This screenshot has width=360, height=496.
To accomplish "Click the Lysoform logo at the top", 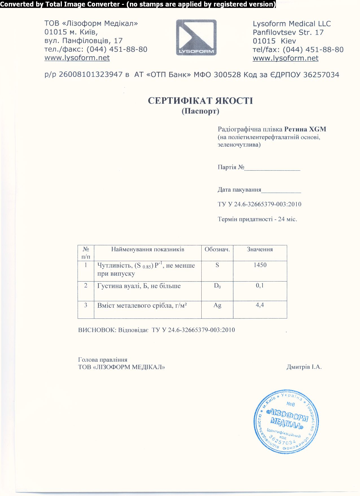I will pyautogui.click(x=196, y=37).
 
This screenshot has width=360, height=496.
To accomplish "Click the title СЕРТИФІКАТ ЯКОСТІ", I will pyautogui.click(x=200, y=101).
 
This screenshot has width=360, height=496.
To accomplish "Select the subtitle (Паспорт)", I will pyautogui.click(x=200, y=111).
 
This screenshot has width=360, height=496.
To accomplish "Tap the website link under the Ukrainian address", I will pyautogui.click(x=77, y=58).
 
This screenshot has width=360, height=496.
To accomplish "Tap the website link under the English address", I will pyautogui.click(x=285, y=58).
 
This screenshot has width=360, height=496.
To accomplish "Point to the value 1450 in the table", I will pyautogui.click(x=260, y=265).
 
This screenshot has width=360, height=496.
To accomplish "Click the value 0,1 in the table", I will pyautogui.click(x=260, y=285).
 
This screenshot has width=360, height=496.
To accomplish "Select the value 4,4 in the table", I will pyautogui.click(x=260, y=305).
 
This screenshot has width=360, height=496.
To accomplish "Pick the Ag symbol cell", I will pyautogui.click(x=217, y=305).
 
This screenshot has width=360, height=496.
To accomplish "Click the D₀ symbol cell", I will pyautogui.click(x=217, y=286).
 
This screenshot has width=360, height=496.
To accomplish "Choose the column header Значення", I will pyautogui.click(x=260, y=249).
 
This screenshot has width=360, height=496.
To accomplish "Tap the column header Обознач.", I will pyautogui.click(x=217, y=249).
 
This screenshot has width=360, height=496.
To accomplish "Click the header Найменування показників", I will pyautogui.click(x=148, y=249).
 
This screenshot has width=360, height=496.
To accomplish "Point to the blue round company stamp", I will pyautogui.click(x=286, y=421).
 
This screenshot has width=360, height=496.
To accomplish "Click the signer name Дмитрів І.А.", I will pyautogui.click(x=304, y=367).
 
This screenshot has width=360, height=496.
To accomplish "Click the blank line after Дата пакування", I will pyautogui.click(x=281, y=190).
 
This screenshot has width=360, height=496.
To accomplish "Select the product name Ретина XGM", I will pyautogui.click(x=305, y=129).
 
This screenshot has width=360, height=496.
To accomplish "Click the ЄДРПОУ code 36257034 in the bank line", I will pyautogui.click(x=321, y=75).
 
